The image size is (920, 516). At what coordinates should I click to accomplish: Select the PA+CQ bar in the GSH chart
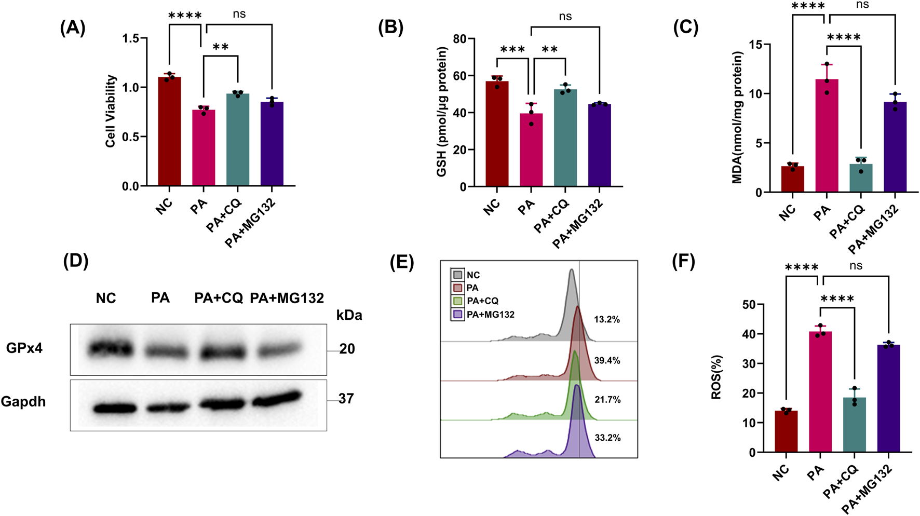[x=565, y=138]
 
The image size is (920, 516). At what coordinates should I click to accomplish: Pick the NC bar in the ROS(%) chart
[x=786, y=431]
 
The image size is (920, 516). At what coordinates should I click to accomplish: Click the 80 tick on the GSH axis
[x=459, y=39]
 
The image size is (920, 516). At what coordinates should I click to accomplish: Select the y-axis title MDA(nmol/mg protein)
[x=737, y=117]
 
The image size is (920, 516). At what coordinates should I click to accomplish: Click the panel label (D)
[x=76, y=261]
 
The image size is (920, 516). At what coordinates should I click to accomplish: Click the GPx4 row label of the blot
[x=24, y=348]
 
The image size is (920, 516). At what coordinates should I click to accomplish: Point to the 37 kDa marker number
[x=346, y=399]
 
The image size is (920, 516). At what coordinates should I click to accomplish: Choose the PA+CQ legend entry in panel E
[x=482, y=301]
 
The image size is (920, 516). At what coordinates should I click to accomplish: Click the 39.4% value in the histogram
[x=607, y=360]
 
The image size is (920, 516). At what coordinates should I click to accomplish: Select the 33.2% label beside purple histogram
[x=607, y=438]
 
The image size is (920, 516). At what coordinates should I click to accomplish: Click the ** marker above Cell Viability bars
[x=220, y=47]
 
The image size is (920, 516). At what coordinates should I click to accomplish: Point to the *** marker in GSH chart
[x=512, y=50]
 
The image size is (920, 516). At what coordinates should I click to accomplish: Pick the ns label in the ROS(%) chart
[x=856, y=266]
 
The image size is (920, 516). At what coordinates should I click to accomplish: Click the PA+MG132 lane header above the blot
[x=287, y=298]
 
